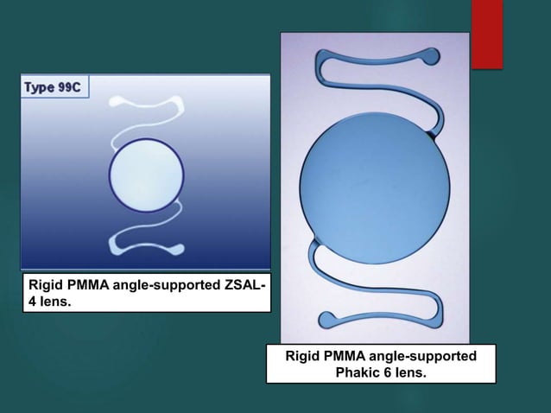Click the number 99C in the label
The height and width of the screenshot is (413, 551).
(67, 87)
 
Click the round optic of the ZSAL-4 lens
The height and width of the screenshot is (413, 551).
(145, 175)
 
